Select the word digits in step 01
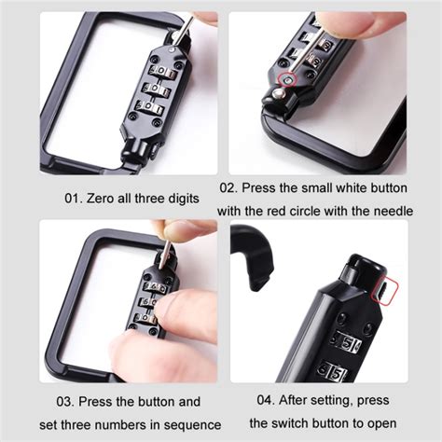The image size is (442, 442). click(184, 199)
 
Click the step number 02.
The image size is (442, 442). click(228, 187)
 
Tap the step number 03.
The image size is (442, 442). click(65, 401)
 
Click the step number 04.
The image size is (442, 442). click(266, 400)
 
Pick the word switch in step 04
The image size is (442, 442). click(286, 423)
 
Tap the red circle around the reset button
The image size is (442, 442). click(288, 80)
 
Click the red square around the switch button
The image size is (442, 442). click(386, 291)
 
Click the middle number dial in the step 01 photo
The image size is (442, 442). click(156, 90)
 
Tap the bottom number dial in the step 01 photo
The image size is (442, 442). click(149, 108)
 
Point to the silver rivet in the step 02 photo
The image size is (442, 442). click(278, 93)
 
